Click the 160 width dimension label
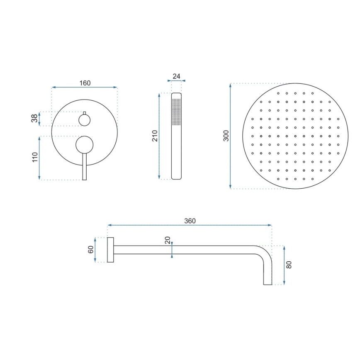point(85,83)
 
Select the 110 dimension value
point(35,158)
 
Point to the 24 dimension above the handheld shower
point(176,76)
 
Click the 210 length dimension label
point(155,136)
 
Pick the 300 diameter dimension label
point(226,136)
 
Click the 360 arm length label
point(190,221)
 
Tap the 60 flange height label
point(91,250)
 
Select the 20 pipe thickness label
point(167,240)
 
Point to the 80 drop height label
point(289,265)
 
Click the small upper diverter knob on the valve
point(85,120)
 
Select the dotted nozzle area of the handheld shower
point(177,111)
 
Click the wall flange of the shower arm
point(110,250)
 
